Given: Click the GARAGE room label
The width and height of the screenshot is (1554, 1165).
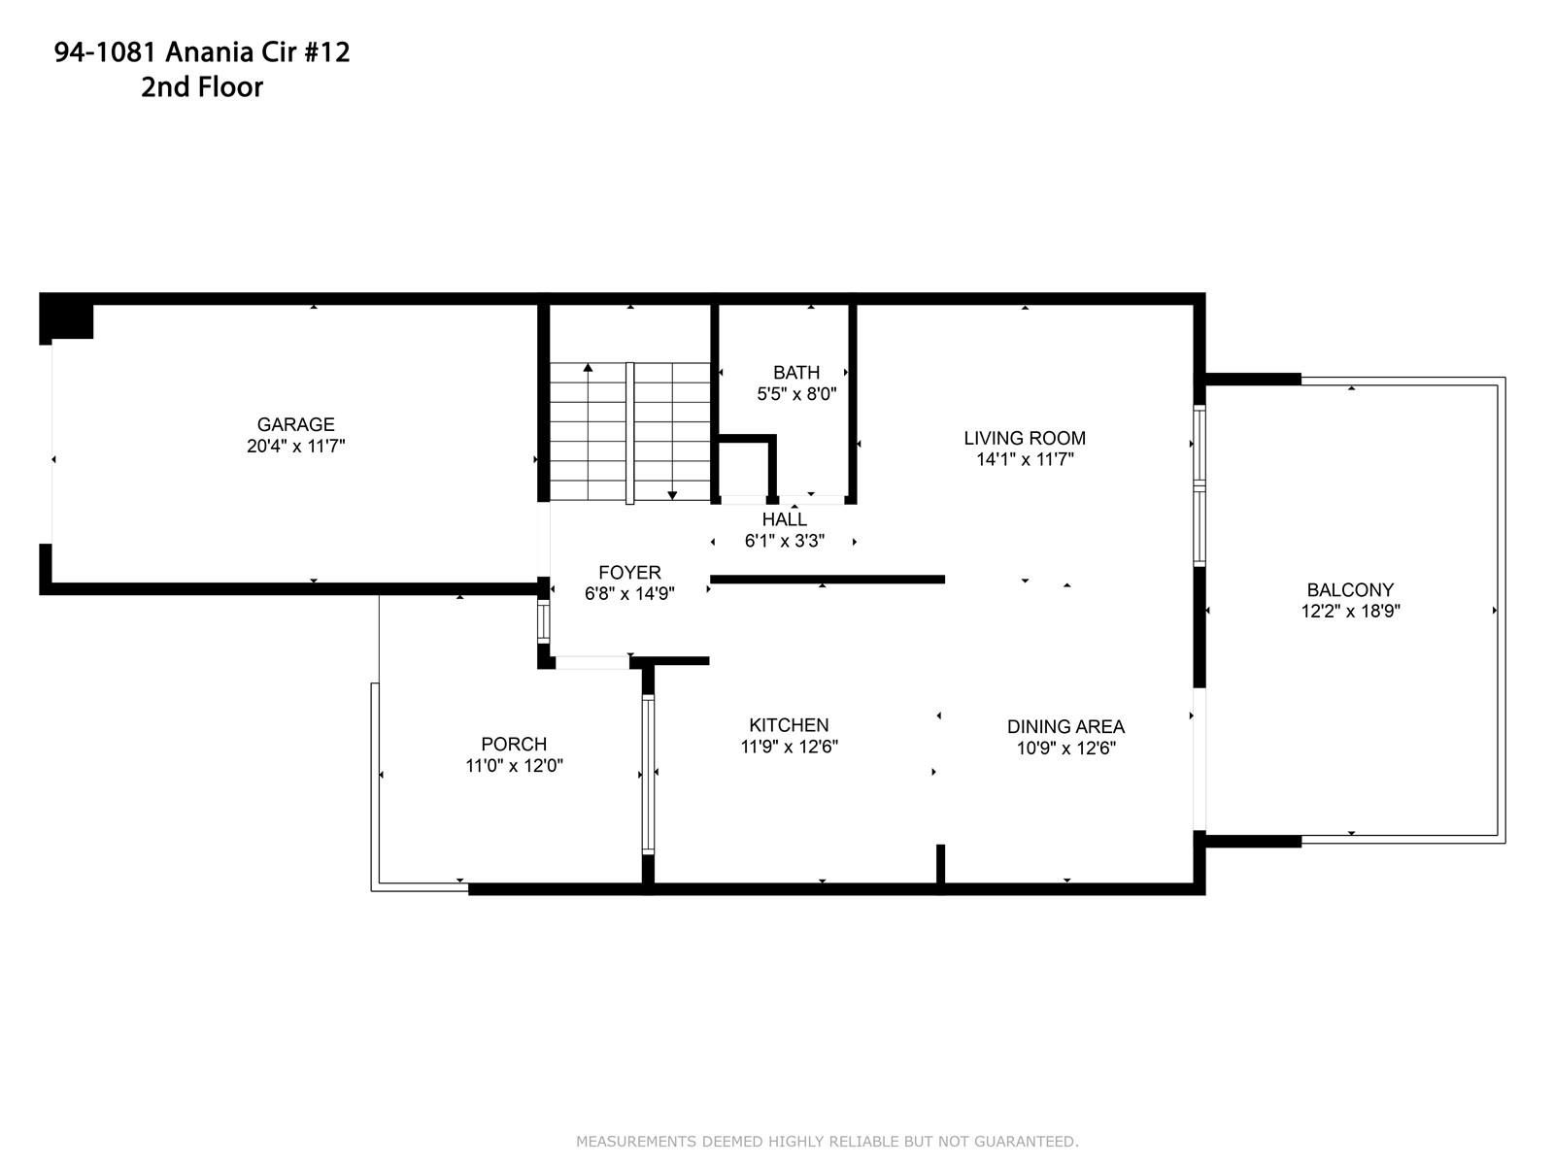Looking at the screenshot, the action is point(295,424).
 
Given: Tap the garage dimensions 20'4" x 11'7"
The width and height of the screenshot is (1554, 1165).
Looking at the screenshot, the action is point(295,447).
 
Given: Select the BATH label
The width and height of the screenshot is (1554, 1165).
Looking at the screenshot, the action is point(796,372).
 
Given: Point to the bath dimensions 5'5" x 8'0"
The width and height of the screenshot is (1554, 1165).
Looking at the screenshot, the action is point(796,394).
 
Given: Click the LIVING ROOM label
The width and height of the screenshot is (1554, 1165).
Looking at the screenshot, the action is point(1025,438).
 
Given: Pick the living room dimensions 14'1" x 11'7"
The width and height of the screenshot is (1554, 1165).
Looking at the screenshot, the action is point(1025,460).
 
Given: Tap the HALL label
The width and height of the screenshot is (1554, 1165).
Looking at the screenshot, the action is point(785,519).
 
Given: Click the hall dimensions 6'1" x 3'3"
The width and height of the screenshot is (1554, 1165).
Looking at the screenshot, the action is point(785,541).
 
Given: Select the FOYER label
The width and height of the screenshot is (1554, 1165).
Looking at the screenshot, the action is point(629,572).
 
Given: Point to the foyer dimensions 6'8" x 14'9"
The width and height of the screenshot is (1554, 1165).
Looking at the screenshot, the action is point(629,594).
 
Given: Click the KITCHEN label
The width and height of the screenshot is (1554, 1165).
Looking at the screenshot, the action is point(789,725).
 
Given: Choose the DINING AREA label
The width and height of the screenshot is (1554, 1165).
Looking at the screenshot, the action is point(1065,726).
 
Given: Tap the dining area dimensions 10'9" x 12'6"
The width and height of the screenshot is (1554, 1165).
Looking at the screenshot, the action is point(1065,749).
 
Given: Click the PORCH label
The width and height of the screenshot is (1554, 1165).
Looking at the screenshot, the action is point(514,744).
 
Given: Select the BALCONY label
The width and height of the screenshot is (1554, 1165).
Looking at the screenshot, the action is point(1350,590).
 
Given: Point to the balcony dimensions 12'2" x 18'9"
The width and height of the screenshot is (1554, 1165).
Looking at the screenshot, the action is point(1350,612).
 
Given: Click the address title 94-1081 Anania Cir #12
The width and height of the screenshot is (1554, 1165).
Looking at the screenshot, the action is point(202,52).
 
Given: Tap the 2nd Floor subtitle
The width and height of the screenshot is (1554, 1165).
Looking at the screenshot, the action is point(202,87).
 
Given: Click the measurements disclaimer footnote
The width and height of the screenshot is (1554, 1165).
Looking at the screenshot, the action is point(827,1142).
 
